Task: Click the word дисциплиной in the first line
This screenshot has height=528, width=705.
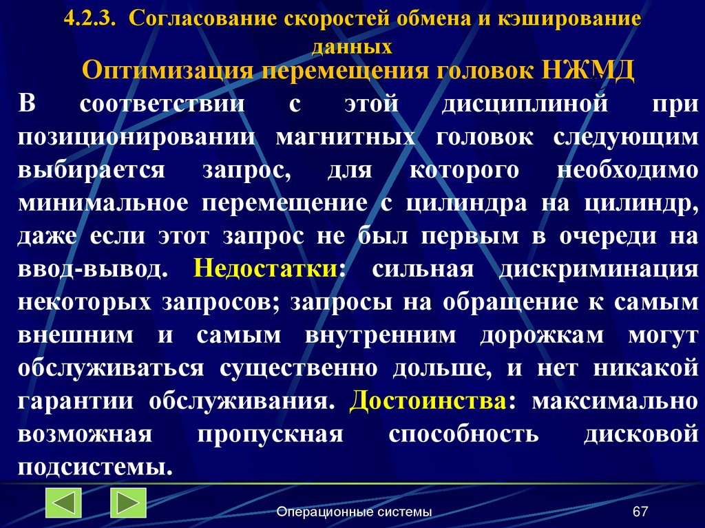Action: click(524, 105)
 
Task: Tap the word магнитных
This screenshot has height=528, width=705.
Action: click(345, 137)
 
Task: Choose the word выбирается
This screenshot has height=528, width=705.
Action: click(91, 171)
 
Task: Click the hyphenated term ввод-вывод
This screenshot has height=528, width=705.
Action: click(92, 268)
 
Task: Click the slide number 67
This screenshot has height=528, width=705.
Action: click(640, 511)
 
